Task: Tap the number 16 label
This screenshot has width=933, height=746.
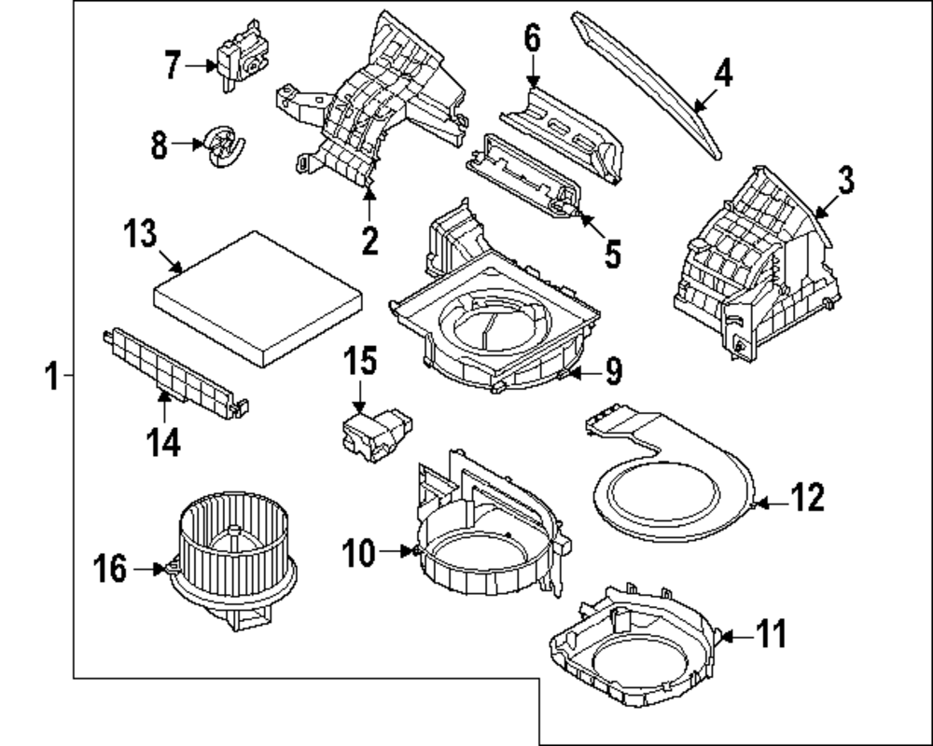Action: [x=111, y=568]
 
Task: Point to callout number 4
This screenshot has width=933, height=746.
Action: [x=722, y=73]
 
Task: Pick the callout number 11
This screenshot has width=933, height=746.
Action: [x=771, y=635]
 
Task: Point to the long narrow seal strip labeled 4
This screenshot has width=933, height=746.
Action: [x=653, y=84]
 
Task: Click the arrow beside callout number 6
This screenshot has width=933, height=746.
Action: [x=532, y=73]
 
